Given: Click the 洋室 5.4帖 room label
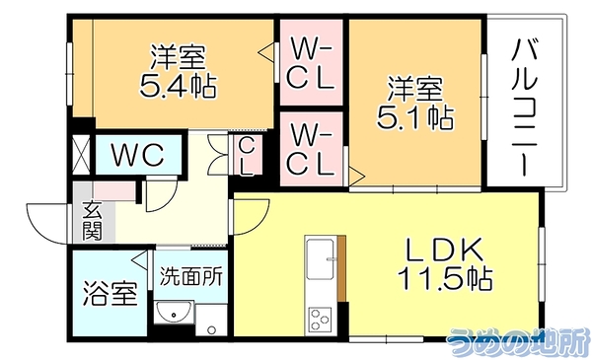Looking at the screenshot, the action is (x=179, y=72).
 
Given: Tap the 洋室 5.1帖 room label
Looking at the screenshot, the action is (x=415, y=103).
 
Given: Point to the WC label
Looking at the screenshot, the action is (x=138, y=155).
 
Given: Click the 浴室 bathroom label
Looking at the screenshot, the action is (x=110, y=293).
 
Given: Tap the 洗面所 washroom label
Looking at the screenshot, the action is (x=190, y=277).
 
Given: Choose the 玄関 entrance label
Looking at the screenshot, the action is (x=93, y=222).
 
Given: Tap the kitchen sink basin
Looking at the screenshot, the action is (x=320, y=259).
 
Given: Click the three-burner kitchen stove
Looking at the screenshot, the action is (x=320, y=320).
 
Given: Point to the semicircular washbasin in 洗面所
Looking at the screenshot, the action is (x=174, y=312).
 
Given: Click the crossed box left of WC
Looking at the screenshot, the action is (x=81, y=155).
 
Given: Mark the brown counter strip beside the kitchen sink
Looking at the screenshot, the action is (x=341, y=268).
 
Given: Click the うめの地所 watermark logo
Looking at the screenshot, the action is (x=518, y=342).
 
